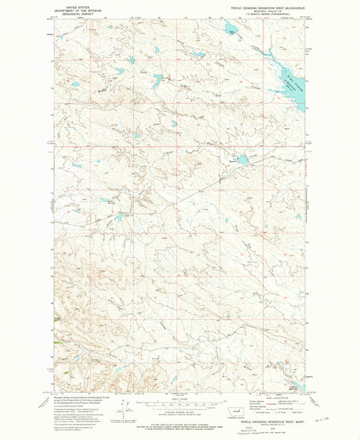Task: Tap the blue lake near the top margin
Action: [230, 28]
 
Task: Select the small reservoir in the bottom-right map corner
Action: [294, 387]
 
